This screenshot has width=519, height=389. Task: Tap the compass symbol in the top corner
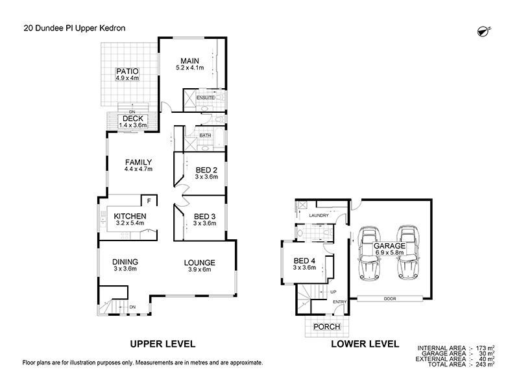click(x=482, y=30)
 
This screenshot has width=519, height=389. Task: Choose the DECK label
click(x=132, y=118)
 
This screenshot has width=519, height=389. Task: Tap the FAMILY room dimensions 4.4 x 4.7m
click(x=138, y=169)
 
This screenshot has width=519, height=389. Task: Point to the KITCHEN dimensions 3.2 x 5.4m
click(x=130, y=223)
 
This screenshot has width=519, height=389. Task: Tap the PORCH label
click(x=326, y=327)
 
